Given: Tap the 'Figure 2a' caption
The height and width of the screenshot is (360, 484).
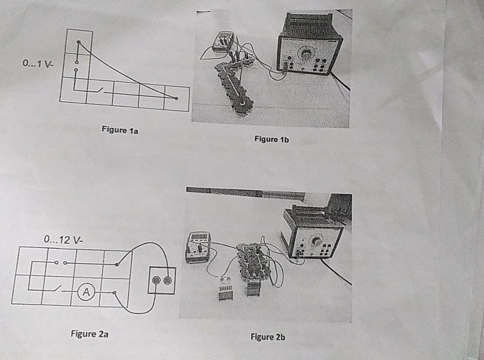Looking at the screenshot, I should point(89,333).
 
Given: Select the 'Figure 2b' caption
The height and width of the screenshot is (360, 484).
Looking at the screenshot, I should point(267,337).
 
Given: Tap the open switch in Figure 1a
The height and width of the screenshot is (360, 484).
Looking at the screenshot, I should point(99,89).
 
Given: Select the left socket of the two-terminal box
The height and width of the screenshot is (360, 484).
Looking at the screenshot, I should point(158,281).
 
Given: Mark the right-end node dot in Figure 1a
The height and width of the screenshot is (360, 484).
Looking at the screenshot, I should point(177,99).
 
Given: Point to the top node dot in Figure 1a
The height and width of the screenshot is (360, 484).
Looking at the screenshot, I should point(78,43).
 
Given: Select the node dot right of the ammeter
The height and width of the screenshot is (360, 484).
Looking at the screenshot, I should point(115,292).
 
